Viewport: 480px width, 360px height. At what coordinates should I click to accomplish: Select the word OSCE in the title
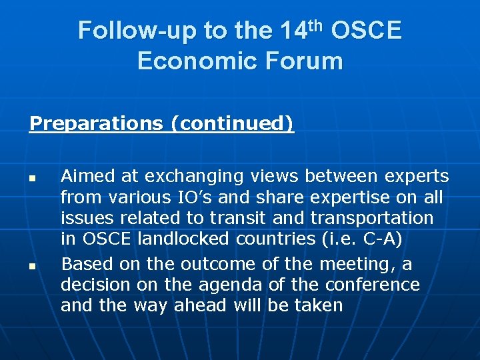tap(366, 31)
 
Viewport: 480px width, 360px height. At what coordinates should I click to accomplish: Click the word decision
tap(93, 285)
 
